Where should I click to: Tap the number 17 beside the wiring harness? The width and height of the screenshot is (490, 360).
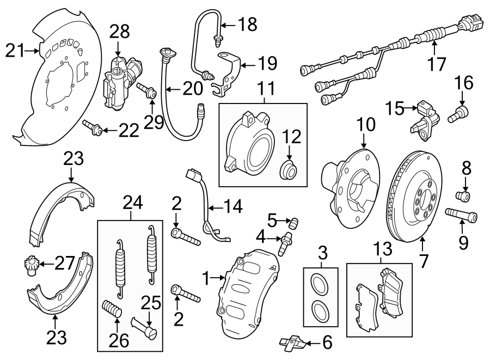436,64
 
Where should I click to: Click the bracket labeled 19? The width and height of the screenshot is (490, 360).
228,71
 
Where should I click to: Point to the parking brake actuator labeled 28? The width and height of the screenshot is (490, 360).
121,81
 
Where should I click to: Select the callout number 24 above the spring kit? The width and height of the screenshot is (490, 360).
132,204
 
